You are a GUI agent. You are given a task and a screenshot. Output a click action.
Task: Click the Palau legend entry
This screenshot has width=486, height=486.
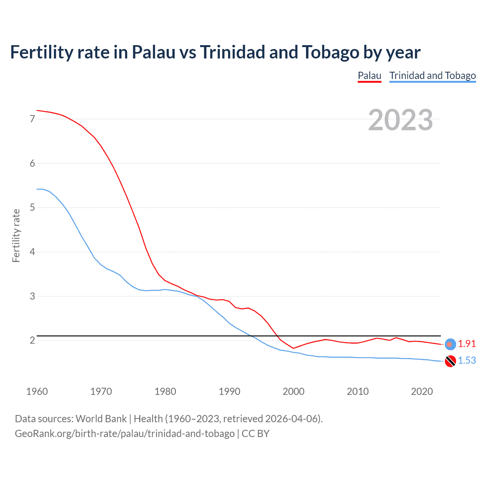(x=369, y=76)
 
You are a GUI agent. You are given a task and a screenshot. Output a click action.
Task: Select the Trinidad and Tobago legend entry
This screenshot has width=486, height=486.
(x=432, y=76)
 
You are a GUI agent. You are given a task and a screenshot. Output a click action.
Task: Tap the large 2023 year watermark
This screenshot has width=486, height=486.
(x=400, y=120)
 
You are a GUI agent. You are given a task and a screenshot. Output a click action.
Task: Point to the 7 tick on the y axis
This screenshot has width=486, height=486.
(x=32, y=119)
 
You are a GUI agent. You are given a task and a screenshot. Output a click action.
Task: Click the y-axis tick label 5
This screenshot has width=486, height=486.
(x=32, y=208)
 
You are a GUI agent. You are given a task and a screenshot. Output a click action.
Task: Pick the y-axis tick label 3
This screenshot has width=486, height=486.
(x=32, y=296)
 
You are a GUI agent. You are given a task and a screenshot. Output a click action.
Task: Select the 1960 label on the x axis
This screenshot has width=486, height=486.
(x=37, y=391)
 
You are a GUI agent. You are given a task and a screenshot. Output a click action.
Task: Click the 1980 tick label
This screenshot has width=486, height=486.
(x=165, y=391)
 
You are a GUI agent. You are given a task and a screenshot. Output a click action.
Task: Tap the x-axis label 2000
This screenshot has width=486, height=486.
(x=293, y=391)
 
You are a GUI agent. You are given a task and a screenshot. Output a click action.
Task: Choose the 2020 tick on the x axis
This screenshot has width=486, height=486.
(x=422, y=391)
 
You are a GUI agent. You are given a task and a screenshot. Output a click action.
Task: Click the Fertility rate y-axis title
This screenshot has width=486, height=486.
(x=16, y=235)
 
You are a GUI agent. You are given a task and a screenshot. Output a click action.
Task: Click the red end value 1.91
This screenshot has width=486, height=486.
(x=467, y=344)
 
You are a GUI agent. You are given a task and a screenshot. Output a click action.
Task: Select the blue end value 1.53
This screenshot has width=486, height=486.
(x=467, y=360)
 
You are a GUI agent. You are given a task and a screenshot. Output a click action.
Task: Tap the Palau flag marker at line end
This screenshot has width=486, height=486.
(x=450, y=344)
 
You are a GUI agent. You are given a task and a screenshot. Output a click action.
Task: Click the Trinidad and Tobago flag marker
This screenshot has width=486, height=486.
(x=450, y=361)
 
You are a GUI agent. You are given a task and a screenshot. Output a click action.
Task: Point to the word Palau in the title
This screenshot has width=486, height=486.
(x=154, y=52)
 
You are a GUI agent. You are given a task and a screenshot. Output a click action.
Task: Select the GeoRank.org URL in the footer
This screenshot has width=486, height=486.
(x=125, y=434)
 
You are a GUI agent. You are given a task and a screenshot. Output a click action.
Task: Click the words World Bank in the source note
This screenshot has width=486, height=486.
(x=101, y=419)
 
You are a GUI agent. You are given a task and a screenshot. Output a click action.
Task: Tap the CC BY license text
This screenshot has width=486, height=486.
(x=256, y=434)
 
